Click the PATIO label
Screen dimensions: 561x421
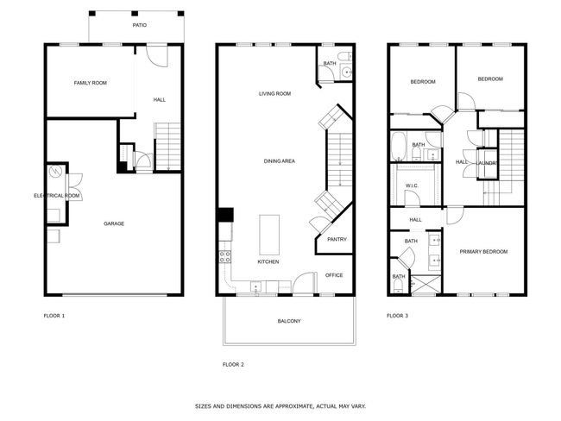pyautogui.click(x=140, y=25)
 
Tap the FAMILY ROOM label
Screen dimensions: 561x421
pyautogui.click(x=91, y=83)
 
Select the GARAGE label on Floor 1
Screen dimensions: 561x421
pyautogui.click(x=114, y=224)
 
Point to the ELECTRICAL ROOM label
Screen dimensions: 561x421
pyautogui.click(x=56, y=196)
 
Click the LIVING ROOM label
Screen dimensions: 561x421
pyautogui.click(x=274, y=94)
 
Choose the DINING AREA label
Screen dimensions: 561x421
pyautogui.click(x=280, y=161)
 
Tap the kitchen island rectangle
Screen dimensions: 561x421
pyautogui.click(x=269, y=235)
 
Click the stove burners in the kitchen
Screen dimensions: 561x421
pyautogui.click(x=225, y=256)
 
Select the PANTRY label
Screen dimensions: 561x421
pyautogui.click(x=337, y=239)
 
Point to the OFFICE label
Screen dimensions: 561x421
pyautogui.click(x=334, y=275)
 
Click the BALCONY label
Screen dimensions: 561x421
pyautogui.click(x=289, y=321)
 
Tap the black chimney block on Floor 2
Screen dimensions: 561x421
pyautogui.click(x=225, y=215)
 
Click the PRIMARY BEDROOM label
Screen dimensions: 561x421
pyautogui.click(x=483, y=252)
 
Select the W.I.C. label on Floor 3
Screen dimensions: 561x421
pyautogui.click(x=412, y=185)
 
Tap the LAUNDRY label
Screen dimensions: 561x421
pyautogui.click(x=487, y=163)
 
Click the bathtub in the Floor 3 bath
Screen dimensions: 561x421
pyautogui.click(x=398, y=147)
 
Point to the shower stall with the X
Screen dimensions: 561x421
pyautogui.click(x=425, y=284)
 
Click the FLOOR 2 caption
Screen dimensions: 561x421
pyautogui.click(x=233, y=365)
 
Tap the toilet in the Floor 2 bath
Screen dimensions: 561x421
pyautogui.click(x=345, y=56)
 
